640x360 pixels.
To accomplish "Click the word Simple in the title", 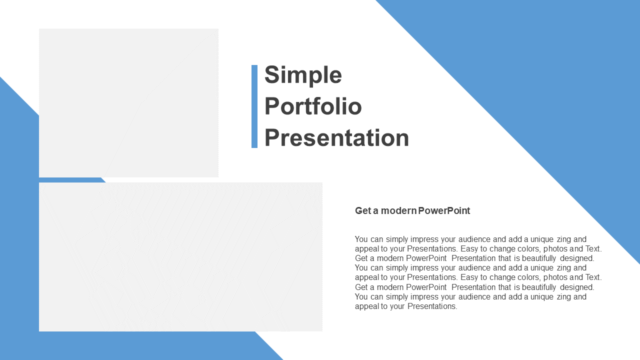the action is point(303,75).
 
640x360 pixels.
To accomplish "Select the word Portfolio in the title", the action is point(313,106).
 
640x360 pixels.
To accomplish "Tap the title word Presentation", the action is point(336,137).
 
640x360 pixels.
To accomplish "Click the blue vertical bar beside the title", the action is point(254,106).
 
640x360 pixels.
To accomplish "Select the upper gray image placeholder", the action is point(128,103).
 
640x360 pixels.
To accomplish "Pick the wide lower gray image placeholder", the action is point(180,257).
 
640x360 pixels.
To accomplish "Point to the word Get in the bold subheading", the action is point(363,210).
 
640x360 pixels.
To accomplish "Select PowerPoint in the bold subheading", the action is point(444,210).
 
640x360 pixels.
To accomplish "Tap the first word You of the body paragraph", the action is point(361,239).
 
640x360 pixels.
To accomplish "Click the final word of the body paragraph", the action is point(432,306).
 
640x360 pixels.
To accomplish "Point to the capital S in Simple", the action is point(271,74).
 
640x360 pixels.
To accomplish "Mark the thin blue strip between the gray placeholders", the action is point(72,180).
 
